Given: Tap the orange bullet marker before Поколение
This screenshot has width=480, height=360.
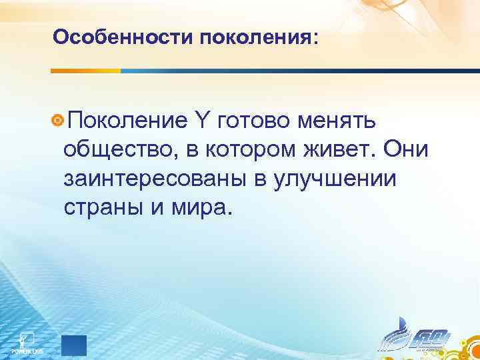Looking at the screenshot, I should point(58,120).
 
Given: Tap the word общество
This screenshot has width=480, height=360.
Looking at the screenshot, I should point(117,150).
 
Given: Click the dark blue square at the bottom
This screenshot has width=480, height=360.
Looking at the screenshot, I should point(74,345).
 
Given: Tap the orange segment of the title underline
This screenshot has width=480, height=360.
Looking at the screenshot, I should point(86,71).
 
